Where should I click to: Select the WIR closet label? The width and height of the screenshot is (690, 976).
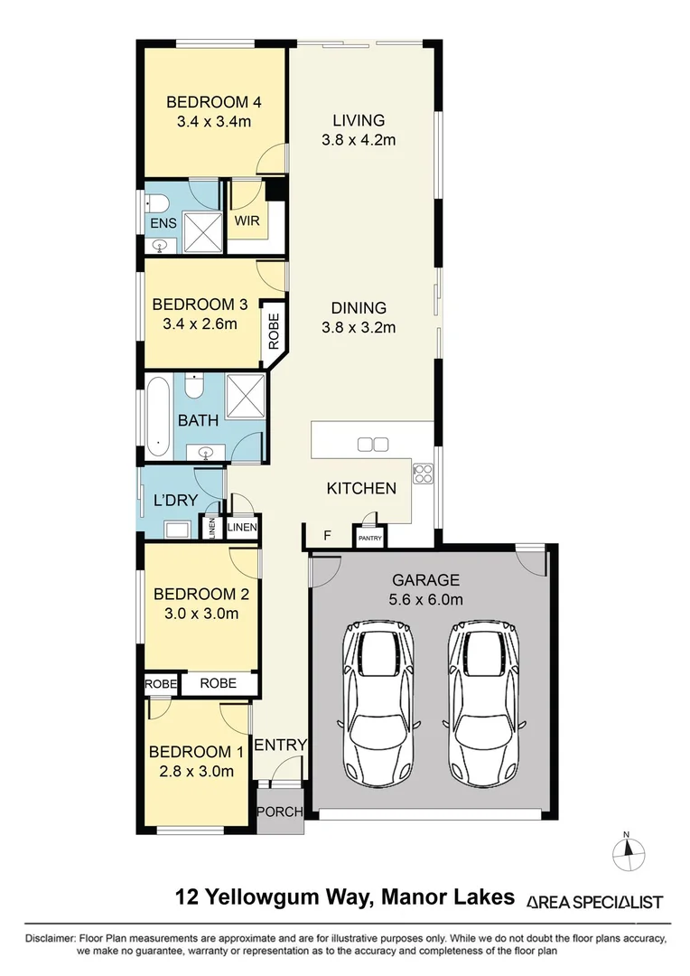[x=247, y=221]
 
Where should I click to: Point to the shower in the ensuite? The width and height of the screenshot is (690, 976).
[x=201, y=231]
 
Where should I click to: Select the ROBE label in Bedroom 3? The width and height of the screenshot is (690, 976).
[x=274, y=332]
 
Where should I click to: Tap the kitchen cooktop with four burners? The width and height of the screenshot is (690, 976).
[x=424, y=473]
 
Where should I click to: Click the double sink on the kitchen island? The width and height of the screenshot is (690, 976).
[x=372, y=444]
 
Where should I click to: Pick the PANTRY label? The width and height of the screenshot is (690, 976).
[x=370, y=539]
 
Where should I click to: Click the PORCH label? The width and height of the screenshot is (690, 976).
[x=279, y=812]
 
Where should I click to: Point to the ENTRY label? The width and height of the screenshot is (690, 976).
[x=280, y=745]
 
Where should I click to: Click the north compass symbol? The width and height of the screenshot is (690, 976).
[x=630, y=851]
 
